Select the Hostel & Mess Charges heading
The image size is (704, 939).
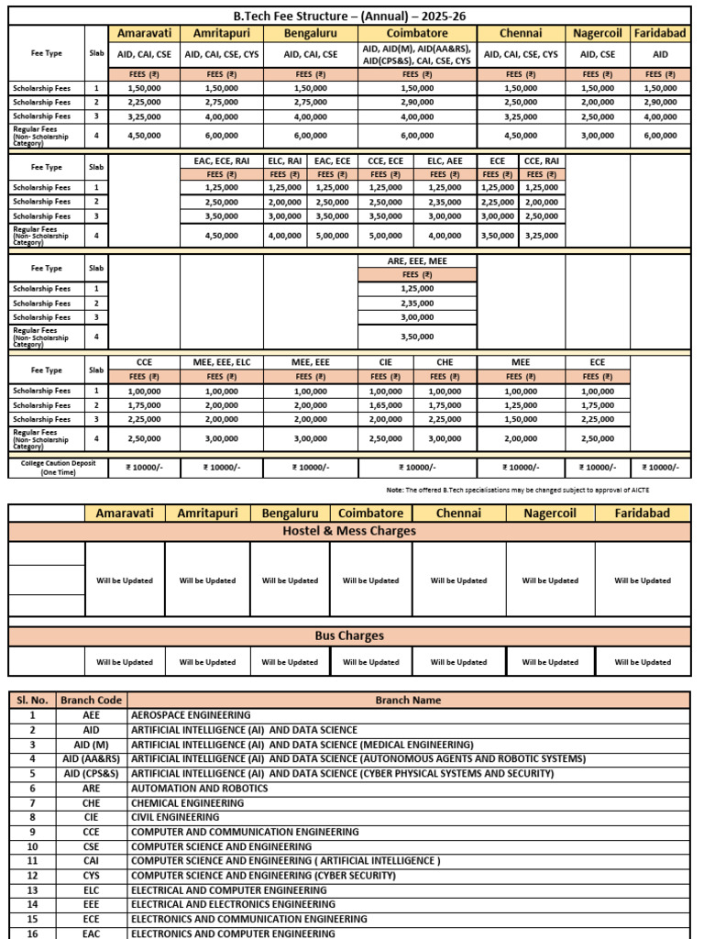(x=351, y=531)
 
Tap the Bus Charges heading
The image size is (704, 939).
(x=351, y=635)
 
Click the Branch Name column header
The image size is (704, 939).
(x=408, y=700)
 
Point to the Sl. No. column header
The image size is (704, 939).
(x=32, y=700)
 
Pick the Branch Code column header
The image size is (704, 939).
(x=91, y=700)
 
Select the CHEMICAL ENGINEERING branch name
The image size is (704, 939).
(x=187, y=802)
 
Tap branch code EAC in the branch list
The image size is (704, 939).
(x=91, y=933)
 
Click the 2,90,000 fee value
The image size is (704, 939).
(x=417, y=102)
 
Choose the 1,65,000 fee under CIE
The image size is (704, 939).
(x=386, y=404)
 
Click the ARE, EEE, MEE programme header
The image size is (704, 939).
(x=417, y=260)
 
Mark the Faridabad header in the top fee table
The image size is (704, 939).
(x=660, y=33)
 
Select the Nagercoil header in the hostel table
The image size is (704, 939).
(x=550, y=513)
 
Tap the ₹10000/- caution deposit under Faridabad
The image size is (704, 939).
(x=660, y=468)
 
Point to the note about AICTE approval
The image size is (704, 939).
(x=518, y=490)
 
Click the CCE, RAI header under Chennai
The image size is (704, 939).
(x=541, y=160)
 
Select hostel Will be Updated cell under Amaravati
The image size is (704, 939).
(x=125, y=580)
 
